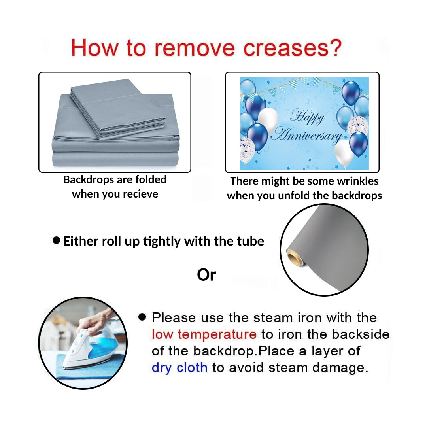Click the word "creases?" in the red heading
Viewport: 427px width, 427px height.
292,48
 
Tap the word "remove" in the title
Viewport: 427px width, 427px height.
195,49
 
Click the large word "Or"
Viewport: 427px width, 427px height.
206,275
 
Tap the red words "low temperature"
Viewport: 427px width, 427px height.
204,335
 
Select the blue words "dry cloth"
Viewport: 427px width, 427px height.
179,368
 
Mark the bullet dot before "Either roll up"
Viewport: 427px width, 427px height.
57,240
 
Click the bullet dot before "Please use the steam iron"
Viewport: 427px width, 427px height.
142,317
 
